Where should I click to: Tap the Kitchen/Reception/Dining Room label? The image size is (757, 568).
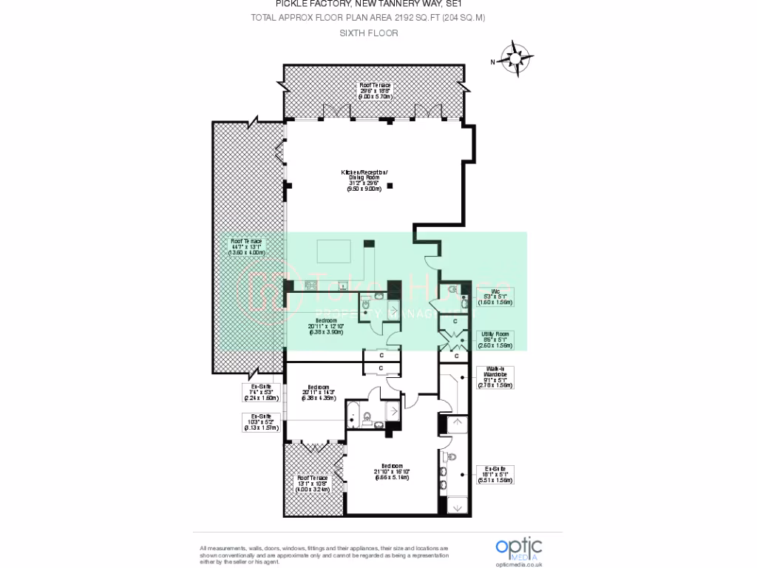tap(364, 180)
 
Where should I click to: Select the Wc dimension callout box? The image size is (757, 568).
tap(495, 297)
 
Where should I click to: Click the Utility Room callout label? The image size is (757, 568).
tap(495, 340)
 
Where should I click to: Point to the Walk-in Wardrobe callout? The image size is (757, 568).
tap(495, 377)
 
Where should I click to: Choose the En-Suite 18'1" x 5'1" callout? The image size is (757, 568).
tap(495, 474)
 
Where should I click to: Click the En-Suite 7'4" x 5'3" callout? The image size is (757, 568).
tap(261, 392)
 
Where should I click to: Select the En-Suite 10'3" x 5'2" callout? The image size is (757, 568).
tap(261, 422)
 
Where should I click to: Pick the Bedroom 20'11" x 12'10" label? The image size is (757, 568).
tap(326, 325)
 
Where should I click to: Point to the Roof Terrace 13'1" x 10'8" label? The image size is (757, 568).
tap(312, 483)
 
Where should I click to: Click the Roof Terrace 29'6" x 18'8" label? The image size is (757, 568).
tap(375, 90)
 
